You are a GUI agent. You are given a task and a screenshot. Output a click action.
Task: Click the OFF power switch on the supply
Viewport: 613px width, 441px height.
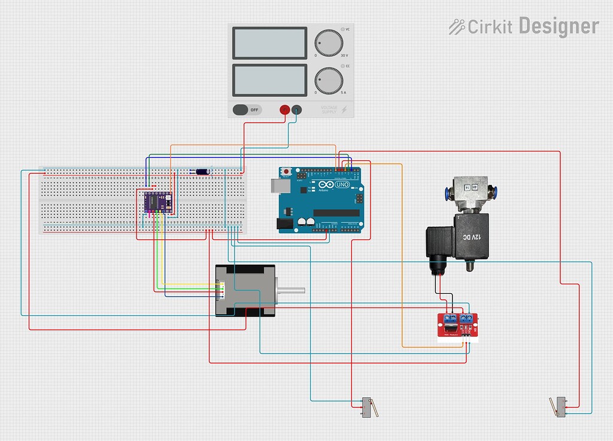coord(247,110)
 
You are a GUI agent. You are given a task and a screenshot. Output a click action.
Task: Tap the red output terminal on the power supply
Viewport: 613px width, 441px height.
coord(285,110)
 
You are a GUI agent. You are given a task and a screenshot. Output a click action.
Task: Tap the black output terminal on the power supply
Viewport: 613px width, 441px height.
coord(296,110)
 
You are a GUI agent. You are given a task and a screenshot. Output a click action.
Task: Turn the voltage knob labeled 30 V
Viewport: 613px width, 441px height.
coord(329,43)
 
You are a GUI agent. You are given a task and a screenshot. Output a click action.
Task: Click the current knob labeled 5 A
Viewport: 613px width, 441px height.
coord(329,81)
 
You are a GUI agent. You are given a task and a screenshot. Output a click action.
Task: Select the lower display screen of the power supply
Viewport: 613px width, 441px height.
coord(270,80)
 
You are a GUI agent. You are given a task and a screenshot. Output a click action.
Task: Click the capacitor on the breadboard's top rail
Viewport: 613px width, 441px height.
coord(203,172)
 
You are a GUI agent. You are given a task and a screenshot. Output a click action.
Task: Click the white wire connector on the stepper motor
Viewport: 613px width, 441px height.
coord(220,290)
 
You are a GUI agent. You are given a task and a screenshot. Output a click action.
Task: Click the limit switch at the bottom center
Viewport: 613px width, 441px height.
coord(366,407)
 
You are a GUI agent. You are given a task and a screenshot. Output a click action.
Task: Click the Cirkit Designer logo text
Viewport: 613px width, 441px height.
coord(524,26)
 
